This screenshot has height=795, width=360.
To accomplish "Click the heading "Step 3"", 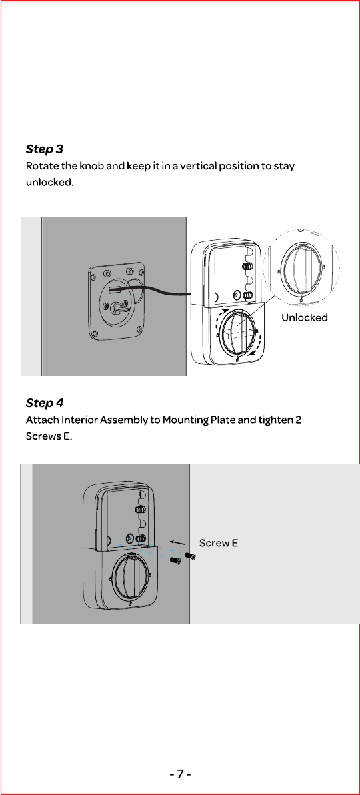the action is [x=45, y=149].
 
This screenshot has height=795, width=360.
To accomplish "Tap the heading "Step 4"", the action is [x=45, y=403].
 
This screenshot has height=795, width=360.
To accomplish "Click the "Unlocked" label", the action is [x=305, y=317].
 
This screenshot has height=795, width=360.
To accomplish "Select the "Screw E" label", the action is [x=219, y=543].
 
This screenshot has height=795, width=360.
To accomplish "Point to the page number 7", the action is [x=180, y=774].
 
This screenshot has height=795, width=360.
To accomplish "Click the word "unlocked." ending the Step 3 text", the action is [x=50, y=182].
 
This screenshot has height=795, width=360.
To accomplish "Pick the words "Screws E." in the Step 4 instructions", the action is [x=49, y=436].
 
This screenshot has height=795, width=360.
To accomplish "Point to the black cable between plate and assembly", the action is [x=152, y=289].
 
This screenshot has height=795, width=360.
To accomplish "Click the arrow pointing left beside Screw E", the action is [x=177, y=543].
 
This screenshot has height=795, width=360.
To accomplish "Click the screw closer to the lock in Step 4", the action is [x=175, y=561].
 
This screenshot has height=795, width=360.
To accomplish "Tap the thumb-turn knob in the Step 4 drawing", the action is [x=130, y=576].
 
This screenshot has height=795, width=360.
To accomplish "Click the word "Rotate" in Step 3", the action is [x=41, y=166].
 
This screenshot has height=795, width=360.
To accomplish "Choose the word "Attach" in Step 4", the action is [x=41, y=420].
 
